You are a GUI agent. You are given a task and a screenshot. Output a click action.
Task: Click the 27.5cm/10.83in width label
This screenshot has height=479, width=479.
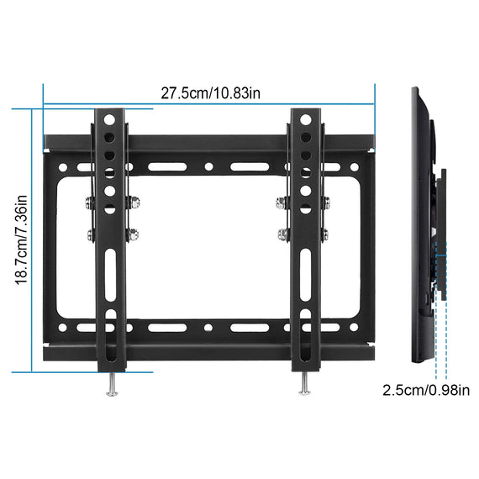coord(211,92)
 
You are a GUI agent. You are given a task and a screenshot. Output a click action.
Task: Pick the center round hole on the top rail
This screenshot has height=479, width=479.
coord(208,167)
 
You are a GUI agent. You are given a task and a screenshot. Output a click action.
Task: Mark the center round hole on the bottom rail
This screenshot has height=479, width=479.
coord(208,324)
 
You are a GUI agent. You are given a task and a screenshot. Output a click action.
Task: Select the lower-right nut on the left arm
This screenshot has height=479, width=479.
coord(131,234)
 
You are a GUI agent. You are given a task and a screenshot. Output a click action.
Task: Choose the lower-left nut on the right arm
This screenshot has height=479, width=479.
coord(283,234)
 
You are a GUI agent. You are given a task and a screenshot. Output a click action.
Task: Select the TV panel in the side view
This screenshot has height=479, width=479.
coord(418,210)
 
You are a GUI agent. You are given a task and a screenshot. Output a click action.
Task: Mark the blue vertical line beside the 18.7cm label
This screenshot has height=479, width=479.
coord(33,239)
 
